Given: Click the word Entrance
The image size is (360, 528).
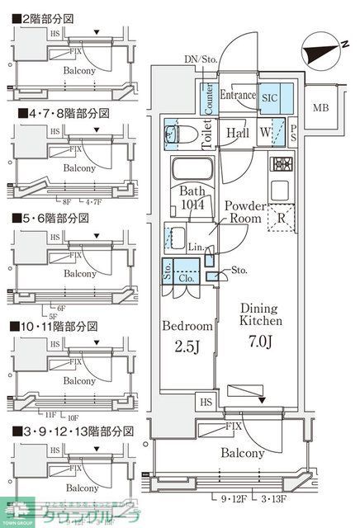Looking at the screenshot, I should (238, 97).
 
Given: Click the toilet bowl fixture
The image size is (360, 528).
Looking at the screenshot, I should (185, 133).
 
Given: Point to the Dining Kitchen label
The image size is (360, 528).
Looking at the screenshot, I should (262, 313).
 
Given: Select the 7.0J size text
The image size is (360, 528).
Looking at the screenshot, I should (262, 339).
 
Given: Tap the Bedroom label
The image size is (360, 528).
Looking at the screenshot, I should (188, 326).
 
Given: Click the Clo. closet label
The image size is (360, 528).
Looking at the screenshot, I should (187, 278).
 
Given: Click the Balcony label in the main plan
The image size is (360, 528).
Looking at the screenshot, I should (243, 453).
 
